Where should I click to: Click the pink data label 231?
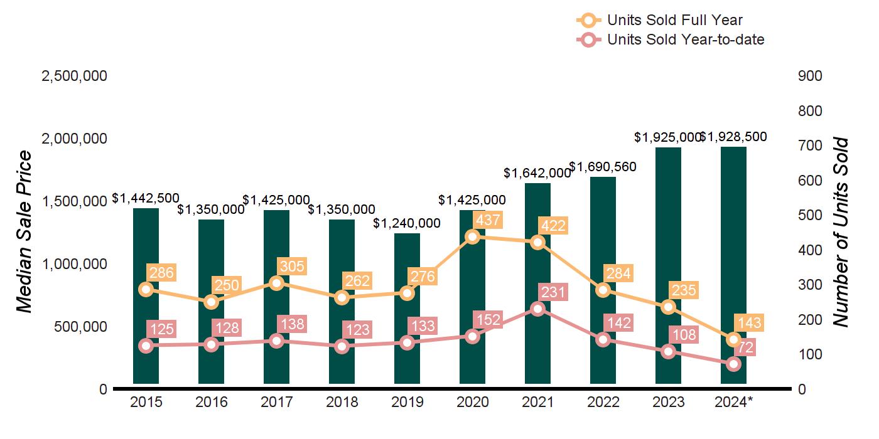tap(553, 292)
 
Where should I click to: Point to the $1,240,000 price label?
tap(407, 223)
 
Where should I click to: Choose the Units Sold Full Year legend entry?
tap(674, 21)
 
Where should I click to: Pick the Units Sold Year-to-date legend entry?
tap(685, 40)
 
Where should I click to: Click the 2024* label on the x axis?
tap(734, 402)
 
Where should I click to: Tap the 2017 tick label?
tap(276, 402)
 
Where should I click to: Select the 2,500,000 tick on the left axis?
tap(74, 76)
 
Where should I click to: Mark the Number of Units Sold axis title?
tap(840, 232)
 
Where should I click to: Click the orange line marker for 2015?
tap(146, 289)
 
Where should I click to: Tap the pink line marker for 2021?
tap(538, 309)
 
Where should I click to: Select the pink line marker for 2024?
tap(734, 364)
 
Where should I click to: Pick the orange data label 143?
tap(749, 323)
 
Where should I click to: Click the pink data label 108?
tap(684, 335)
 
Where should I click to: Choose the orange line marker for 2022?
tap(603, 290)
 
